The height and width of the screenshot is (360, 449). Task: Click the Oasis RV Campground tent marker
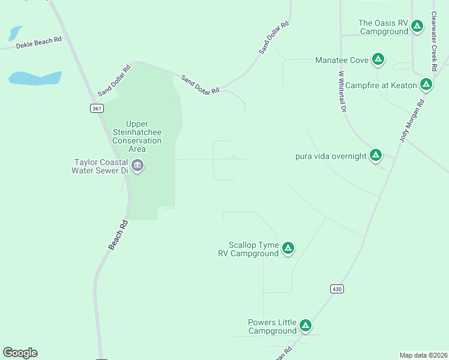click(x=417, y=26)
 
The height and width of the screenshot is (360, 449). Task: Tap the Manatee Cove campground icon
click(x=378, y=59)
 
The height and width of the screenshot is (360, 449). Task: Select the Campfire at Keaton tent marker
click(x=426, y=85)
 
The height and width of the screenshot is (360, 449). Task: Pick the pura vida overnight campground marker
click(x=376, y=155)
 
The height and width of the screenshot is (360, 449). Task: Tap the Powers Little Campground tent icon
click(x=306, y=326)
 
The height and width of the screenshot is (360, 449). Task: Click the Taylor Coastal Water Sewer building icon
click(x=137, y=166)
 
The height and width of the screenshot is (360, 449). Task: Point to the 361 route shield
click(x=98, y=109)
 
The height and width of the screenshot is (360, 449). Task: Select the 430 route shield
click(x=337, y=289)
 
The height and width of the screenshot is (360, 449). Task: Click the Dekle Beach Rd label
click(x=39, y=42)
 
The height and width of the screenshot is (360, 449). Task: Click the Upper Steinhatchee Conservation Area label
click(x=137, y=136)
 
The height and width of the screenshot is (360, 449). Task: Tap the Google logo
click(x=20, y=353)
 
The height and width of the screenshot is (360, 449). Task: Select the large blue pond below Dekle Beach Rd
click(x=35, y=78)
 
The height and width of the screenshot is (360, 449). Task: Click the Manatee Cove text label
click(x=342, y=60)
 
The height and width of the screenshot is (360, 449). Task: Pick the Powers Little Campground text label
click(x=273, y=326)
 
